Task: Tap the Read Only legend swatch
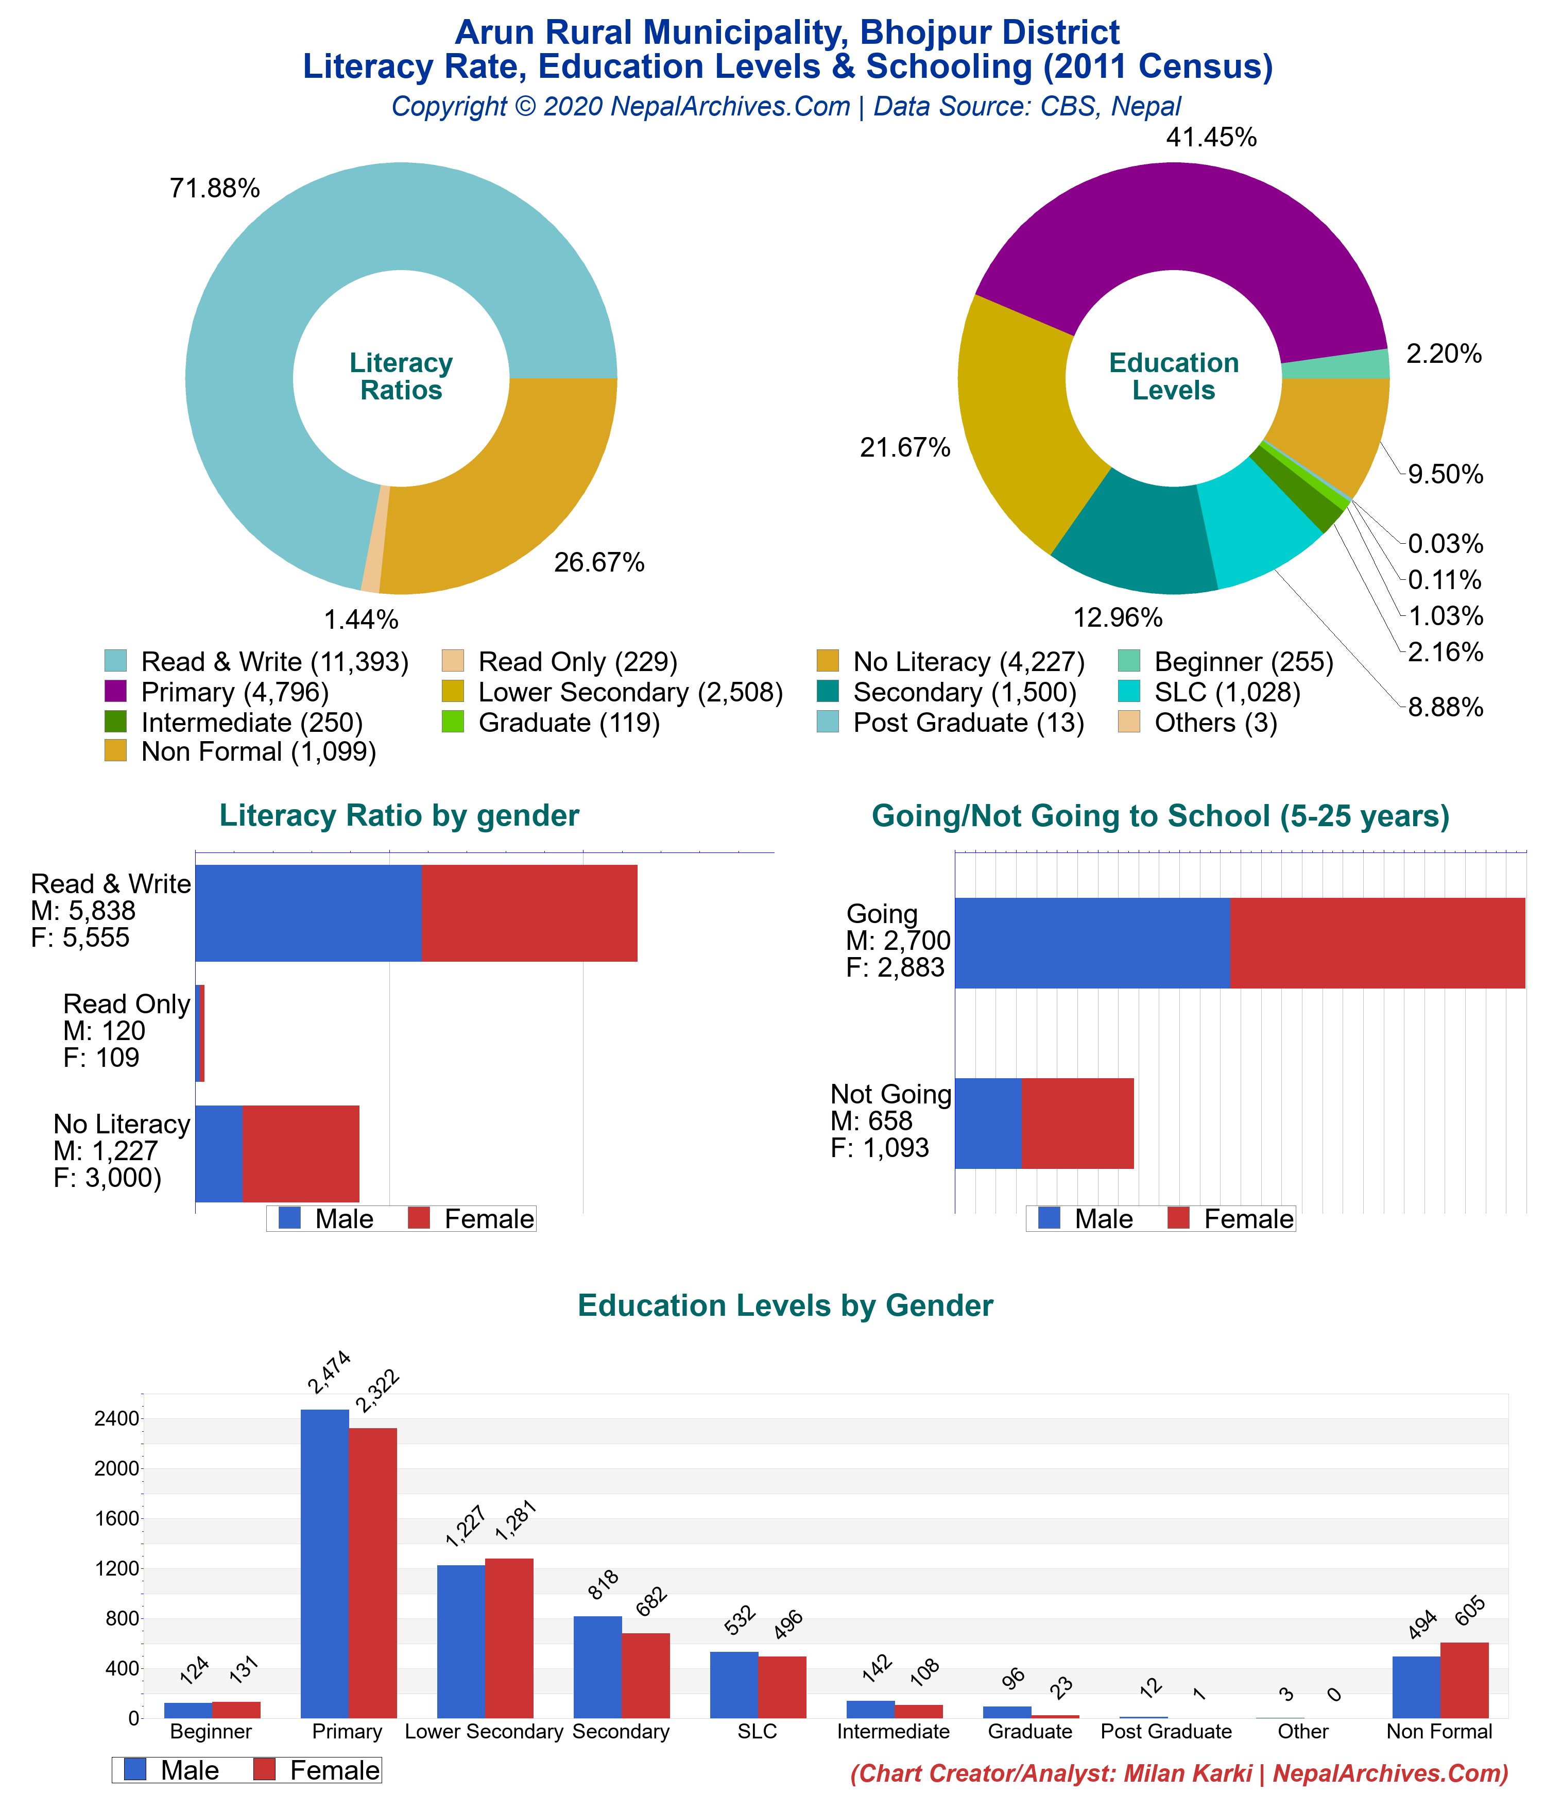pyautogui.click(x=452, y=661)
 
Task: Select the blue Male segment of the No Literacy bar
pyautogui.click(x=219, y=1153)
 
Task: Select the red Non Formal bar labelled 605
pyautogui.click(x=1464, y=1680)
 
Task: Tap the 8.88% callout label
pyautogui.click(x=1445, y=707)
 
